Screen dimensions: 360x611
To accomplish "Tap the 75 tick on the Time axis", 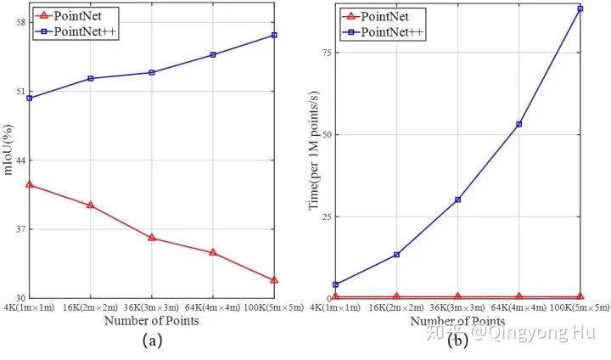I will (x=322, y=52).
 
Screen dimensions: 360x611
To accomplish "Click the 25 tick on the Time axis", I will (x=322, y=217).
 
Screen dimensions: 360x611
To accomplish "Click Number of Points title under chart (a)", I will (x=151, y=321).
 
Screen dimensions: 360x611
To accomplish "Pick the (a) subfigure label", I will (x=151, y=340).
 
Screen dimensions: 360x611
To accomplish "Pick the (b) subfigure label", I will (x=458, y=340).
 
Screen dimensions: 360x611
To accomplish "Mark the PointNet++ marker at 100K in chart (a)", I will (x=274, y=35).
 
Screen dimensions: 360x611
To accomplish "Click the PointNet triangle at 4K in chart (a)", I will (x=30, y=184).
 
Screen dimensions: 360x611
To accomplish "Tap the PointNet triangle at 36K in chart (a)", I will (x=152, y=238).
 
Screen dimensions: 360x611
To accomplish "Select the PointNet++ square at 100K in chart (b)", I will (x=580, y=8).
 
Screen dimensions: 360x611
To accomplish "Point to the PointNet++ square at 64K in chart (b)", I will (x=519, y=124).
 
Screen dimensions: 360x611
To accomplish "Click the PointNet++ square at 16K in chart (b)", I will (x=396, y=255).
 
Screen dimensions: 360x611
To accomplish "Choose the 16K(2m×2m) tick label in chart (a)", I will (x=90, y=307).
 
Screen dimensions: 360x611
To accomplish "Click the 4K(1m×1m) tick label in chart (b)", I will (x=335, y=307).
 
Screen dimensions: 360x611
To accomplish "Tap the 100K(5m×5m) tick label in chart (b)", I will (x=580, y=307).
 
